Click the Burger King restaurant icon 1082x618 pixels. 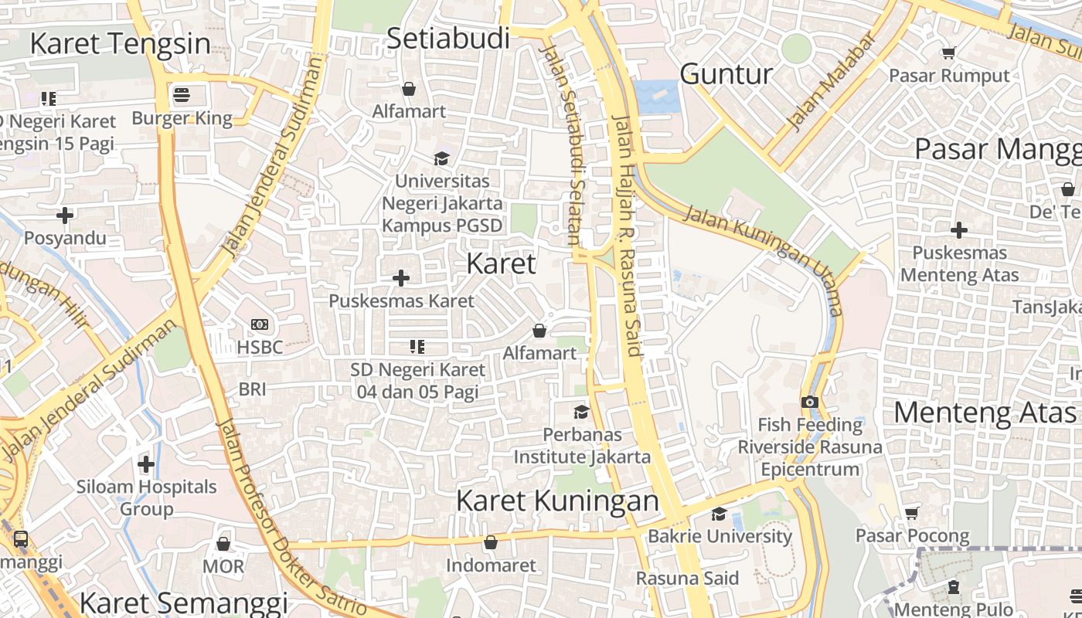pos(182,95)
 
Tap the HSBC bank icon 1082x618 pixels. pos(260,324)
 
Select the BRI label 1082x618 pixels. pos(252,389)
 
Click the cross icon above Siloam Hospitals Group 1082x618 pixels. pos(146,464)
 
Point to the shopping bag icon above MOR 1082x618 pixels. pos(223,544)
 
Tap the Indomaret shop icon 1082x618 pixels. pos(490,543)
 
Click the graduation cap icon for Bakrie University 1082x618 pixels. pos(719,514)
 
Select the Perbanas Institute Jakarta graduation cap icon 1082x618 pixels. pos(581,412)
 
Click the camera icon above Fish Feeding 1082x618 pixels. pos(809,402)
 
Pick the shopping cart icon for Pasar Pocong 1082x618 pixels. pos(912,513)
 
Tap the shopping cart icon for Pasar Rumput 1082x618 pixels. pos(948,53)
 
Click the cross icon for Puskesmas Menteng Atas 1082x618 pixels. pos(959,229)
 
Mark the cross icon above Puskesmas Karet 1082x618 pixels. pos(401,277)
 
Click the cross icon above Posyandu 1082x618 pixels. pos(65,215)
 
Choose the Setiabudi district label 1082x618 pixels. pos(448,38)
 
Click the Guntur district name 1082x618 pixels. pos(726,74)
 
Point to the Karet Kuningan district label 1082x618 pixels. pos(557,501)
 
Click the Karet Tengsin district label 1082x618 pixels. pos(120,43)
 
